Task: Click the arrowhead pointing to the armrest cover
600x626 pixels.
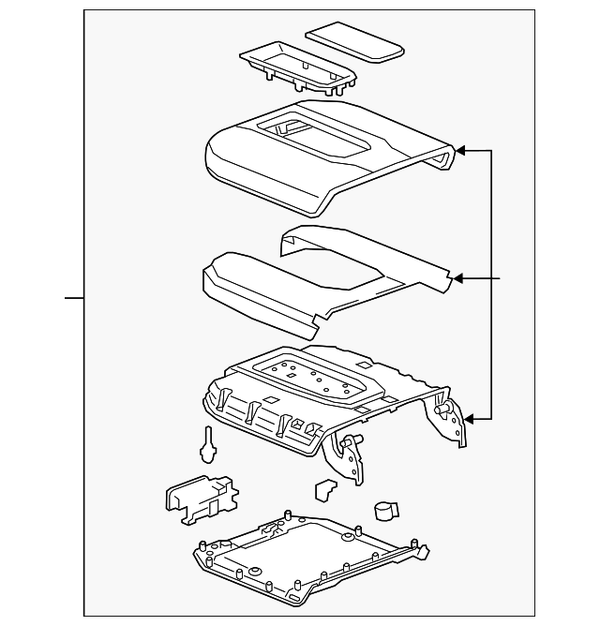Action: (x=460, y=149)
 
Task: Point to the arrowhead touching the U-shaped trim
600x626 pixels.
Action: (x=459, y=278)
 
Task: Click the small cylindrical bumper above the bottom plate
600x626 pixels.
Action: (x=384, y=509)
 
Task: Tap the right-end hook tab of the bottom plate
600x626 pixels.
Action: (x=422, y=553)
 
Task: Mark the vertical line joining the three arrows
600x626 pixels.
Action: (x=492, y=281)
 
